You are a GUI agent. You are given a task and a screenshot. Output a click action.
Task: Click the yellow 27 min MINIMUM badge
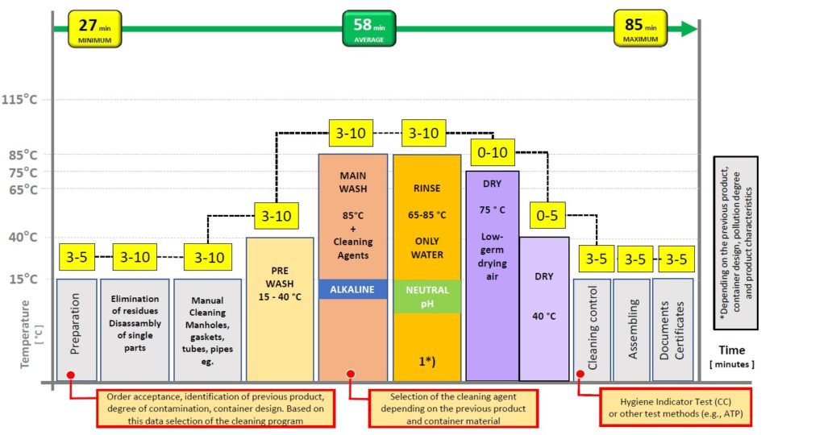tap(95, 29)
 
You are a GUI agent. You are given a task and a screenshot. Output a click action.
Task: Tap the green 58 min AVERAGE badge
tap(368, 29)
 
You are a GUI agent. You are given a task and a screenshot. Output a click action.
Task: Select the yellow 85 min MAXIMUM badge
tap(640, 29)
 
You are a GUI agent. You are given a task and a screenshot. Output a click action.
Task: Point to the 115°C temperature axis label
tap(19, 99)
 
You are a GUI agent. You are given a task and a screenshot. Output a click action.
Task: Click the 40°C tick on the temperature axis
tap(23, 237)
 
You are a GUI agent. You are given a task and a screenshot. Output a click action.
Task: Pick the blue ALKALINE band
tap(353, 289)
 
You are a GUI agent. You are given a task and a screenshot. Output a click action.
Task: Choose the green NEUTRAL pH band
tap(427, 296)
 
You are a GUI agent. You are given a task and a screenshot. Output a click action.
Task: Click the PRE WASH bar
tap(280, 309)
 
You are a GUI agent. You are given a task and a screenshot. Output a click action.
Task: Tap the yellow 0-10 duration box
tap(493, 153)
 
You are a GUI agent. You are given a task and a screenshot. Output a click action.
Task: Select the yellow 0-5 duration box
tap(547, 215)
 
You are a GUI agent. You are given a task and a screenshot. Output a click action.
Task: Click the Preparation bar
tap(77, 329)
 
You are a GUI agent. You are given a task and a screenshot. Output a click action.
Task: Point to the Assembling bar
tap(631, 329)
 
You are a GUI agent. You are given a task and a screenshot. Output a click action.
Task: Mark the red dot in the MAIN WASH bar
tap(350, 374)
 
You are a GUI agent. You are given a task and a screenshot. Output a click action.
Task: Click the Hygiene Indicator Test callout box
tap(676, 408)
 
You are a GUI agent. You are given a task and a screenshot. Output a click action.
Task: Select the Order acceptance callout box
tap(215, 408)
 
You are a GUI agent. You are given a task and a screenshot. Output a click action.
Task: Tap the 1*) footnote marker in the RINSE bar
tap(427, 361)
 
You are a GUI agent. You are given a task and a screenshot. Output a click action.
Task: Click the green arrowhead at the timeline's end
tap(688, 29)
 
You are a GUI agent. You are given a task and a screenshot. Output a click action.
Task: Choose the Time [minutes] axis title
tap(732, 357)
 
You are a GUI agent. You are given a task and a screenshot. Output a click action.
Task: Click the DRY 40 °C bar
tap(544, 309)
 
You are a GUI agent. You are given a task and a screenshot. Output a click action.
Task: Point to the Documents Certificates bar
tap(673, 329)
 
